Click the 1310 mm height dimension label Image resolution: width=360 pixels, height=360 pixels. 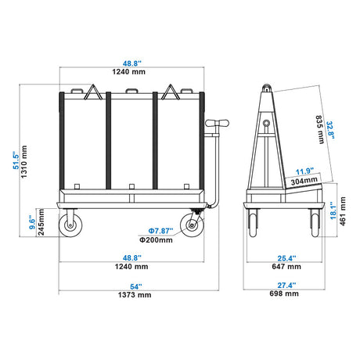(23, 162)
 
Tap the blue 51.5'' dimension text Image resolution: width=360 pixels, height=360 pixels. (16, 160)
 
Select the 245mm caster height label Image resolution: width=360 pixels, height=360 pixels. (41, 222)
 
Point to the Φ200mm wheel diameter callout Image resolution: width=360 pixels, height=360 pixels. (156, 239)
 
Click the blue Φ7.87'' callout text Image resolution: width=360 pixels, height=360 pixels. (160, 231)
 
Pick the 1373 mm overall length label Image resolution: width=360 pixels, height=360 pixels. (135, 295)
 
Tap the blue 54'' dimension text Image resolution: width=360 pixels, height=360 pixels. (136, 286)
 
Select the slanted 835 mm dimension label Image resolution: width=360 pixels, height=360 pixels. (320, 130)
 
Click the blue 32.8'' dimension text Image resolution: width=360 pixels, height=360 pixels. (330, 130)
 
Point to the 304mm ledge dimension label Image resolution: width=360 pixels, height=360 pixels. (304, 181)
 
